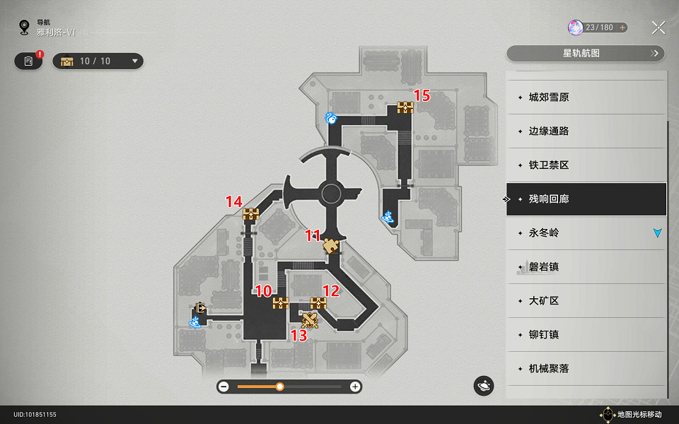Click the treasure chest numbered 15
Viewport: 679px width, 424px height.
click(x=405, y=107)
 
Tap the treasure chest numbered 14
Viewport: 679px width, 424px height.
click(x=250, y=213)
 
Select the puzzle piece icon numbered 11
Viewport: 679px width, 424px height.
click(x=330, y=246)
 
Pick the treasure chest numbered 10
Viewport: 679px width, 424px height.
click(x=281, y=303)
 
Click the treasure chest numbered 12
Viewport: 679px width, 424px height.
click(x=318, y=303)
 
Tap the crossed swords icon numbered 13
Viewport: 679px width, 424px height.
click(x=310, y=320)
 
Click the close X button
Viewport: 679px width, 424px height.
click(x=658, y=28)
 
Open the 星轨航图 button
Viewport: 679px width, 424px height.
click(x=586, y=53)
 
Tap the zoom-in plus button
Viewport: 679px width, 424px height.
click(x=355, y=387)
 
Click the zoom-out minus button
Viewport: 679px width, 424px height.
click(x=224, y=387)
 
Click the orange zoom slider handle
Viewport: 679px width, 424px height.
click(x=280, y=387)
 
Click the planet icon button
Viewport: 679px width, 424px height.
click(x=484, y=386)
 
